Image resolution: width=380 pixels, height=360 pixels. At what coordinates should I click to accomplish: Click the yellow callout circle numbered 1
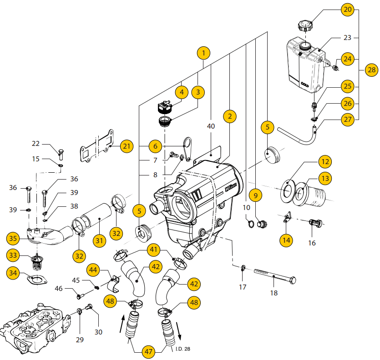[x=204, y=53]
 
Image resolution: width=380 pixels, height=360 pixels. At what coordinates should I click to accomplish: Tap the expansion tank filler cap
[x=304, y=25]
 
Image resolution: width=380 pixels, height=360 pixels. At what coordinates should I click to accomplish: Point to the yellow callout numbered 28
[x=371, y=70]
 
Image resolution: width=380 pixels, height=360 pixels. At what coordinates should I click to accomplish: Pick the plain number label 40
[x=211, y=126]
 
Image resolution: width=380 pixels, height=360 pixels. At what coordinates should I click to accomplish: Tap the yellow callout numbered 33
[x=15, y=255]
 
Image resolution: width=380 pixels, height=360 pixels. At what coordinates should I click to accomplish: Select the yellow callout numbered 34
[x=15, y=273]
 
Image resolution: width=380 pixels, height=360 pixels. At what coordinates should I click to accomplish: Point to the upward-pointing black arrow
[x=123, y=326]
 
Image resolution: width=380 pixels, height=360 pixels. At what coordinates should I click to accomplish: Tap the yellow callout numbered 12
[x=324, y=161]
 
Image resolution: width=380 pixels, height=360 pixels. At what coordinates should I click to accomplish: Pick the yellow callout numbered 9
[x=255, y=196]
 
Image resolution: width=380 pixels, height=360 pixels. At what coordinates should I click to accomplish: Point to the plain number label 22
[x=36, y=144]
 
